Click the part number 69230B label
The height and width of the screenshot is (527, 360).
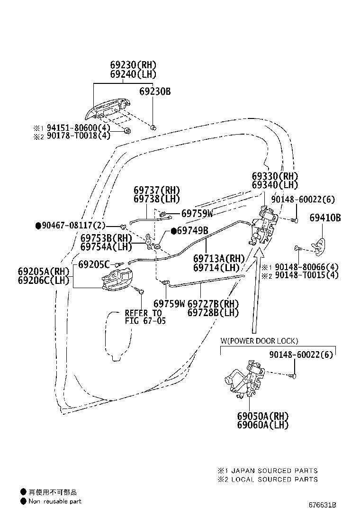(155, 91)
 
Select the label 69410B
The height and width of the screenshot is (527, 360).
(325, 218)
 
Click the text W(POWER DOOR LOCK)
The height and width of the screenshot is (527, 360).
(259, 341)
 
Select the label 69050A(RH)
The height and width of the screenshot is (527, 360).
(263, 416)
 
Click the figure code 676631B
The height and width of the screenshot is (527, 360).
(323, 505)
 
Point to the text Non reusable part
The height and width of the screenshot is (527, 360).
(55, 501)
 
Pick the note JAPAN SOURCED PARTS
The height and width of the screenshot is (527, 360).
(274, 471)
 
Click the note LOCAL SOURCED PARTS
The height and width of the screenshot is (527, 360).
(274, 479)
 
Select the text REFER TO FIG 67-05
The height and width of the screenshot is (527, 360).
(145, 317)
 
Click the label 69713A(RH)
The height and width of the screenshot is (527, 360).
(219, 259)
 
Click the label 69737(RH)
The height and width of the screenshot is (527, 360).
(156, 190)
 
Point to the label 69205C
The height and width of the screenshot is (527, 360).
(94, 264)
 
